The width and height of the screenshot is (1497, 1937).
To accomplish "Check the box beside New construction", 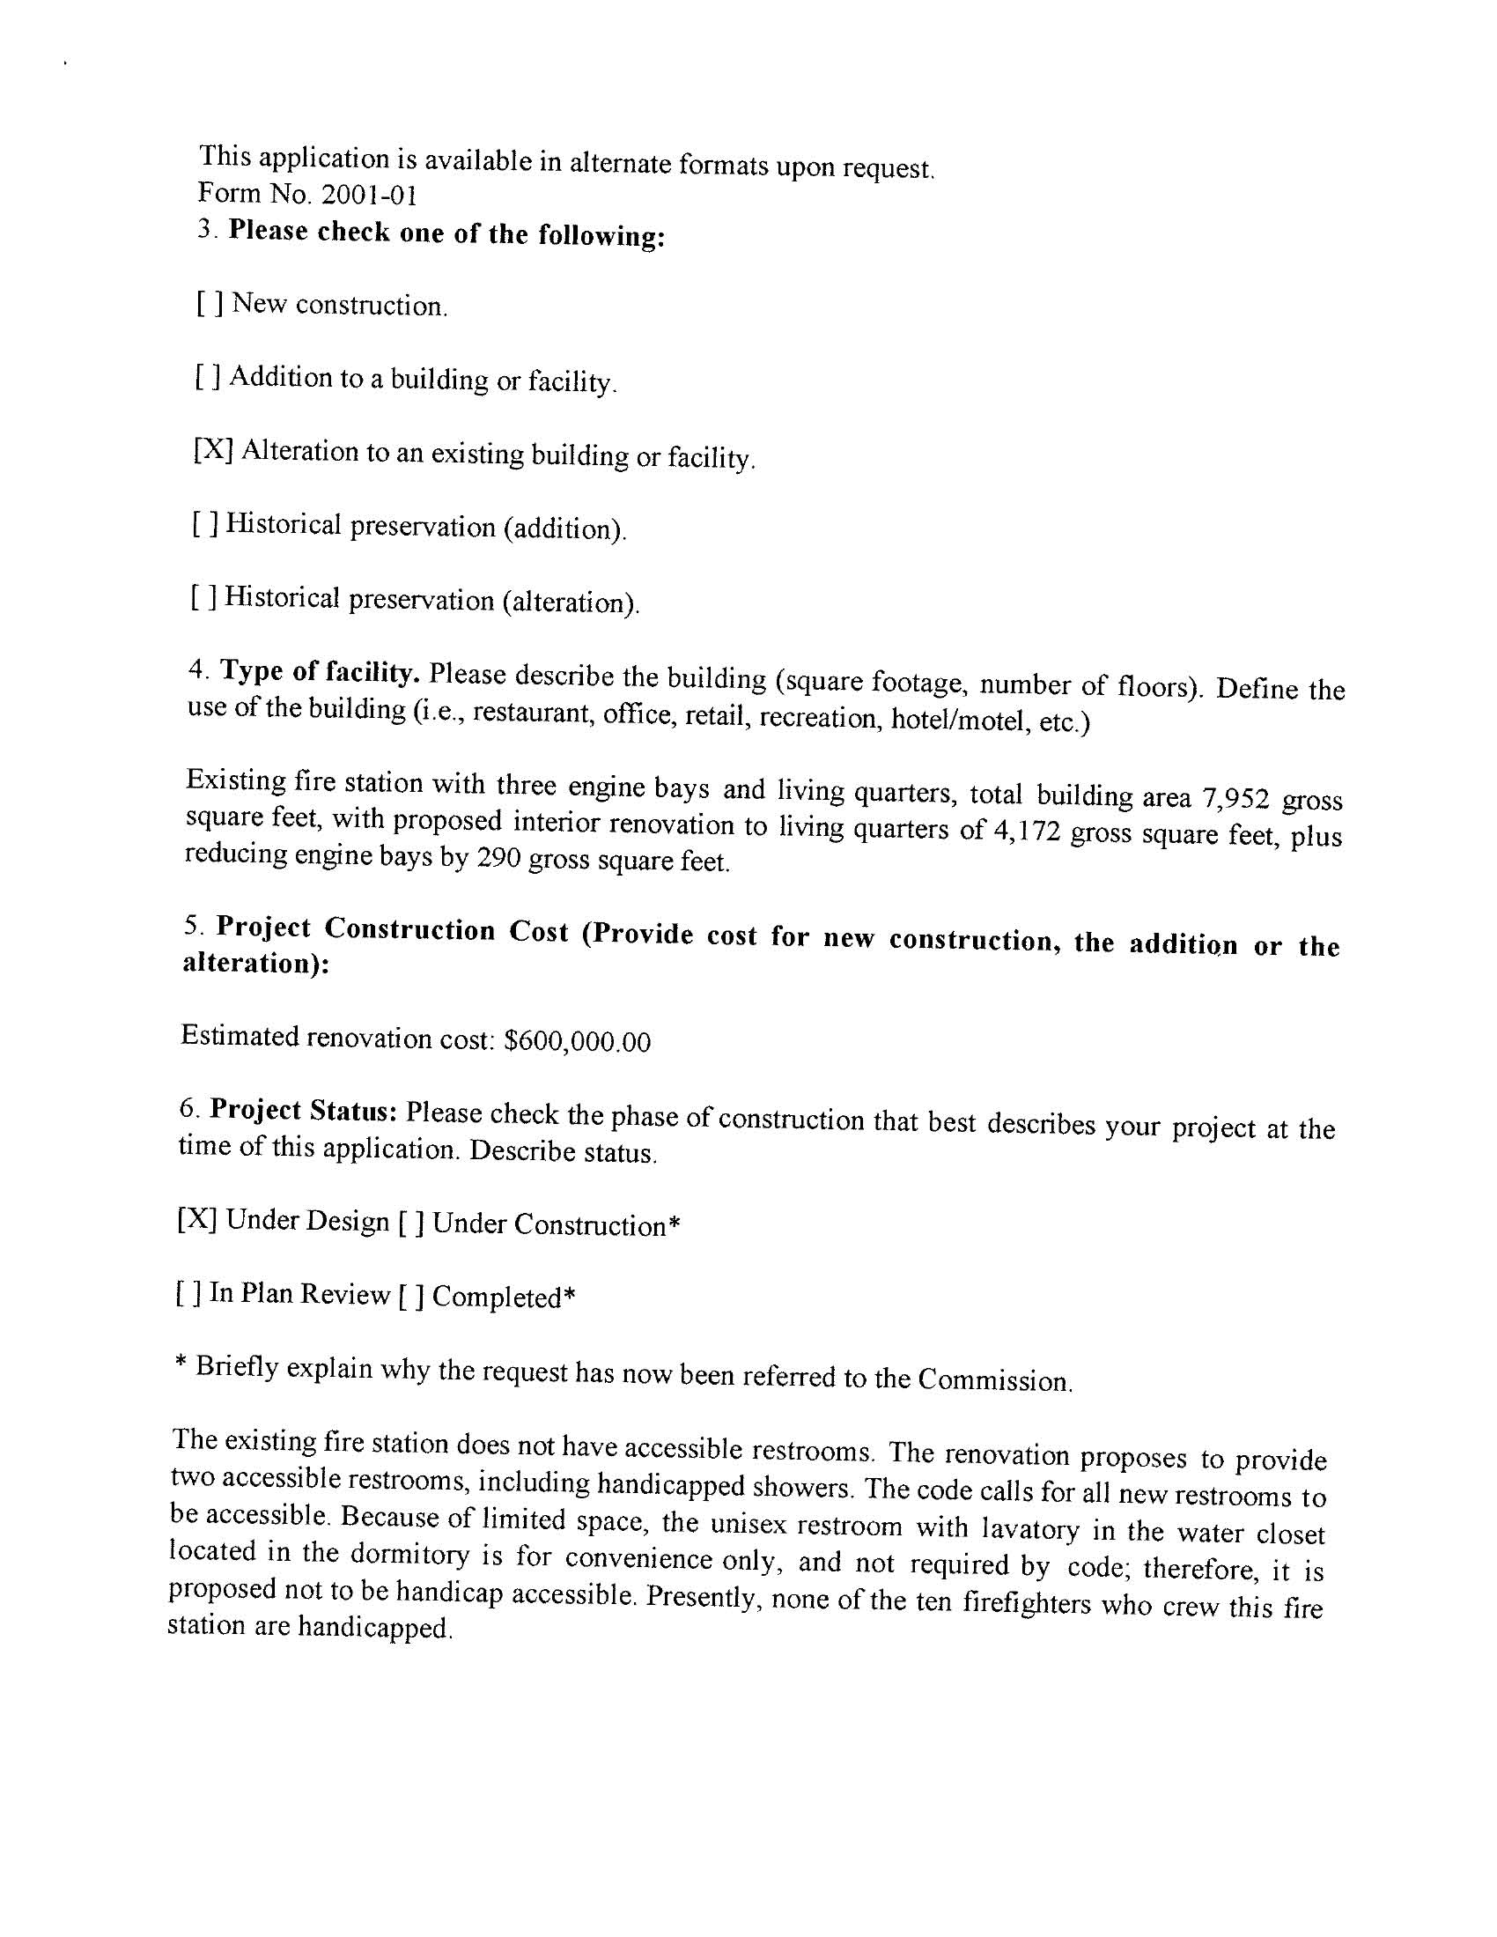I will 210,303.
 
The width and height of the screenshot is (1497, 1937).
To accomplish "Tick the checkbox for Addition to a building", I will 208,378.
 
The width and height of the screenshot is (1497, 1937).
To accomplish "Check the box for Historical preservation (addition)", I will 205,524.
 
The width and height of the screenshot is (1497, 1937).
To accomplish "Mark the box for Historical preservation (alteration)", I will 203,597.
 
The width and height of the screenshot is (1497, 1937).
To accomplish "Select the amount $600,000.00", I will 577,1040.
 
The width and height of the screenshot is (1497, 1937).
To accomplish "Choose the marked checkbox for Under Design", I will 197,1219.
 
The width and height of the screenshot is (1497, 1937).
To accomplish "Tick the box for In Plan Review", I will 189,1294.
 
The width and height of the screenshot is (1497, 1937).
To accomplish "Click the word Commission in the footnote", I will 994,1380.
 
